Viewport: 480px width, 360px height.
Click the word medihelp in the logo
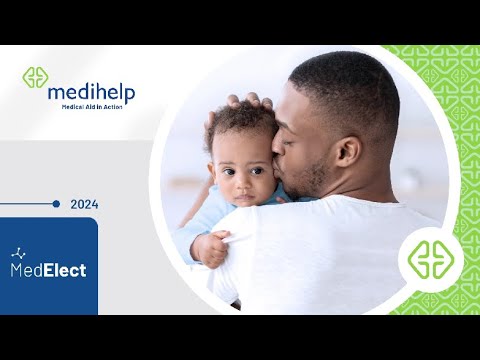tap(91, 92)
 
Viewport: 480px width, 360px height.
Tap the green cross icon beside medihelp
tap(36, 78)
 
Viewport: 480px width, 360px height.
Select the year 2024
tap(84, 205)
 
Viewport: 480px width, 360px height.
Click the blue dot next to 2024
tap(56, 204)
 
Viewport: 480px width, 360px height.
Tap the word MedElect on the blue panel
tap(48, 270)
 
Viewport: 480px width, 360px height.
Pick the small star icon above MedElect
tap(18, 253)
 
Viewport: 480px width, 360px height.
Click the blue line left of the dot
tap(26, 204)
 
